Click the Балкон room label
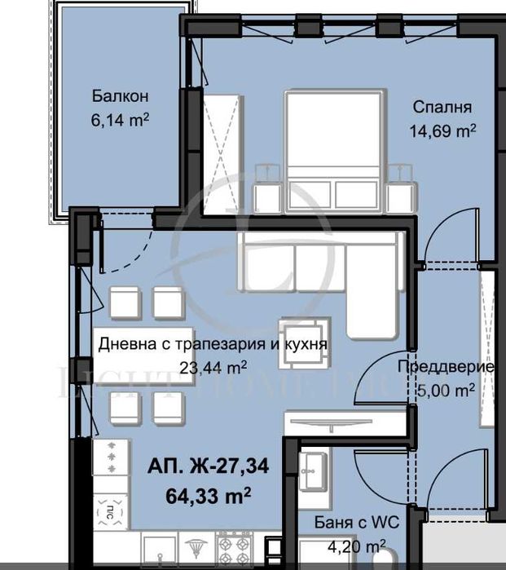[x=119, y=97]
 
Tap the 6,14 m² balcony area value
[x=119, y=119]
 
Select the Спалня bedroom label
[x=442, y=107]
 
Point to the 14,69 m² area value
[x=442, y=130]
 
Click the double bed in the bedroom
[x=334, y=151]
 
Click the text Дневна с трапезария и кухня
[x=213, y=344]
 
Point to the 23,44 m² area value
[x=213, y=367]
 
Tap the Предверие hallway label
[x=445, y=367]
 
